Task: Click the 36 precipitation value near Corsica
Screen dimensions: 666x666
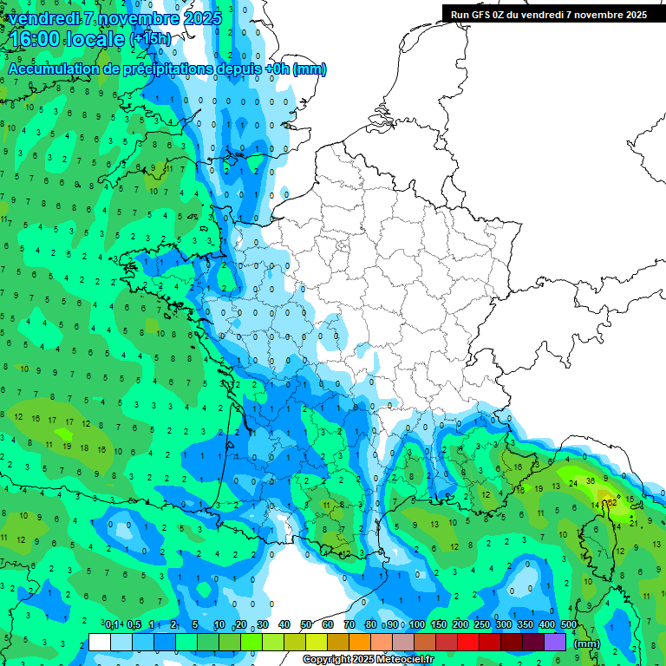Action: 591,480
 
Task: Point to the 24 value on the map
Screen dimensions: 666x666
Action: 573,483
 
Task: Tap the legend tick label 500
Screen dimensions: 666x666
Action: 569,624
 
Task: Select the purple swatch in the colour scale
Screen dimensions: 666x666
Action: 555,642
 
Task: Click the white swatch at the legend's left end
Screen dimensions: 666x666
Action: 100,642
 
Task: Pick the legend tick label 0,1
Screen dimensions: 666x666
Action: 112,624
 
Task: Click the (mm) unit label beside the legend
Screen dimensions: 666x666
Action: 587,643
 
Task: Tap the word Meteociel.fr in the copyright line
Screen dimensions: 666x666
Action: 404,660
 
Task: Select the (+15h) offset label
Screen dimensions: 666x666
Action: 150,39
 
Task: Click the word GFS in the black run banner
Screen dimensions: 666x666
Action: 483,15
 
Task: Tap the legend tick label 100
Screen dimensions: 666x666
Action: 417,624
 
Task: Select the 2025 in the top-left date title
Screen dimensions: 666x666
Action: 202,17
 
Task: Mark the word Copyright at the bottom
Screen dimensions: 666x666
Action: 326,660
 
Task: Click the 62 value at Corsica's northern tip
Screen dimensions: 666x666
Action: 611,501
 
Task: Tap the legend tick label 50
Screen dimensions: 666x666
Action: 306,624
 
